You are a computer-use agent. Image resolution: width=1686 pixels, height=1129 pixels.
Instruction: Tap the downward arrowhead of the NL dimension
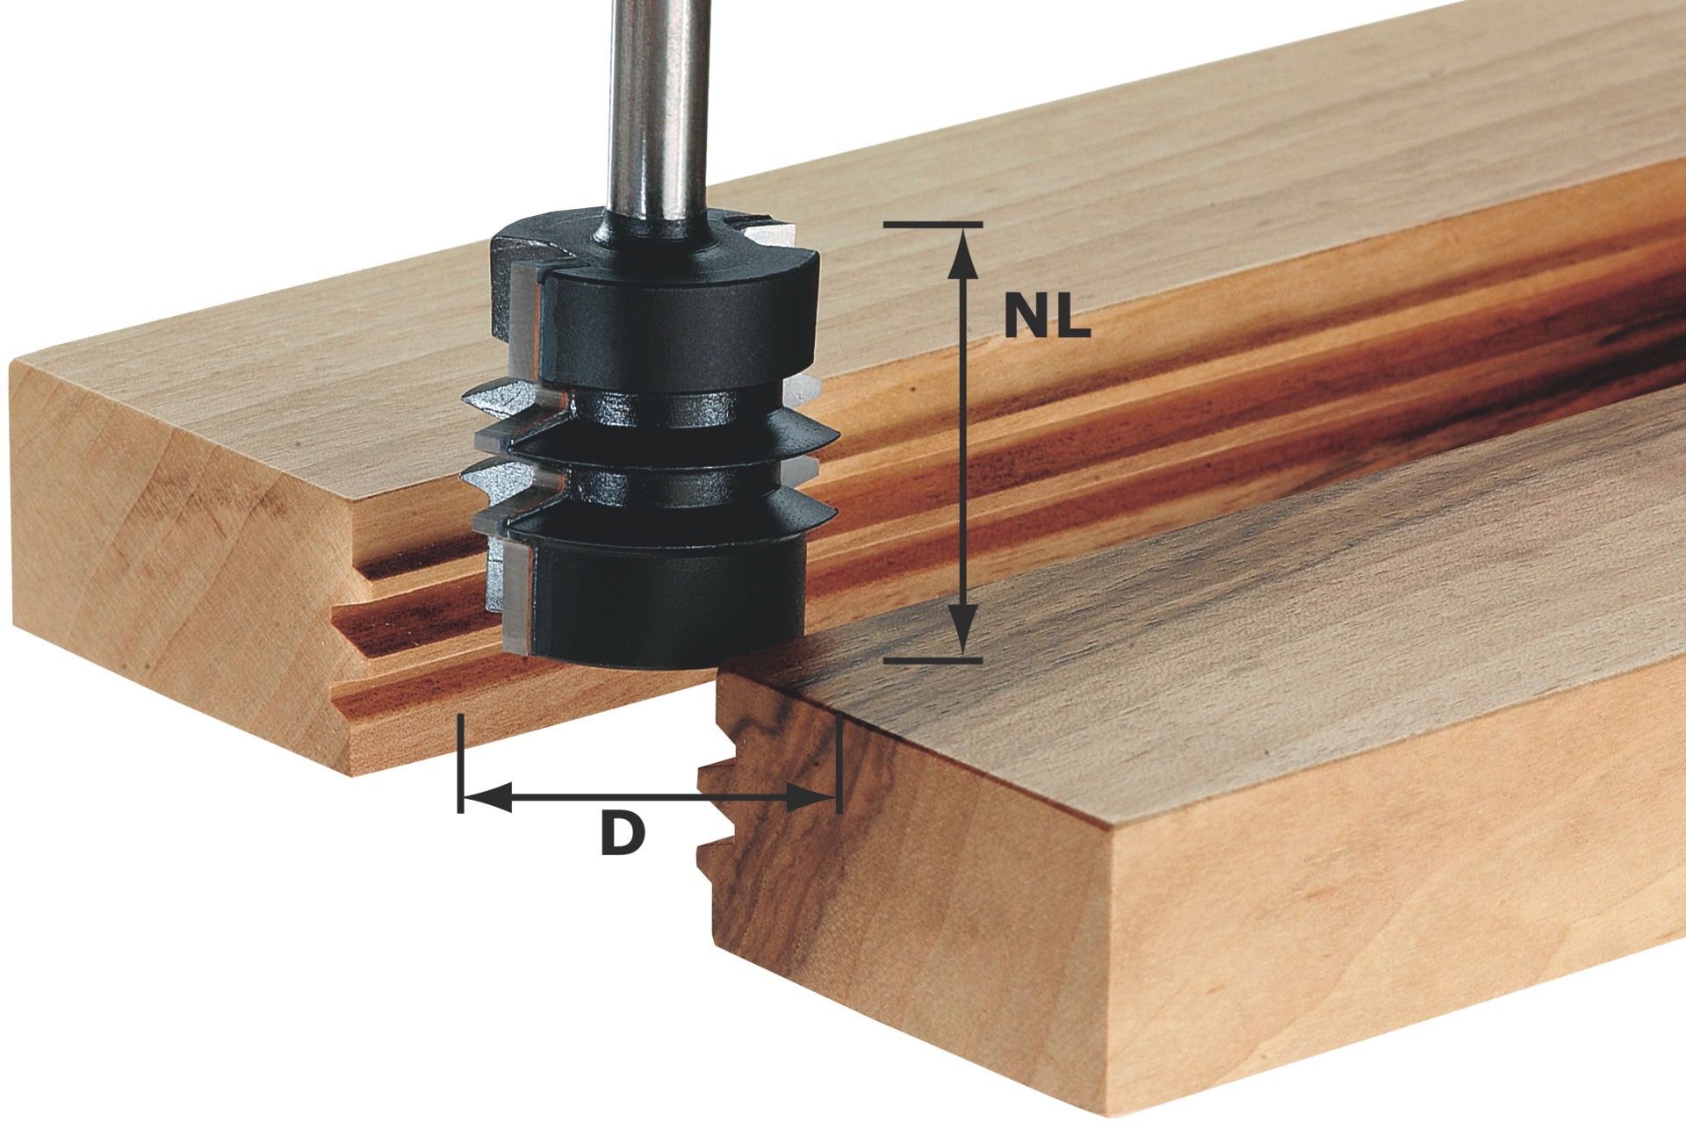pos(965,629)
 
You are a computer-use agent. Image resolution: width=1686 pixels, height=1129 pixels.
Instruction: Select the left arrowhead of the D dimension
pos(486,797)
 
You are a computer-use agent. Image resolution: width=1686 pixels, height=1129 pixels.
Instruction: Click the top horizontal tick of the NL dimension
pos(933,225)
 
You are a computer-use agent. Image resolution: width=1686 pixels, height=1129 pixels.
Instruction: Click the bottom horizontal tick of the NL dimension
pos(933,659)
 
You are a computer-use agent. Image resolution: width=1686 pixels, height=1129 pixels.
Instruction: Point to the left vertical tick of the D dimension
pos(460,763)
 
